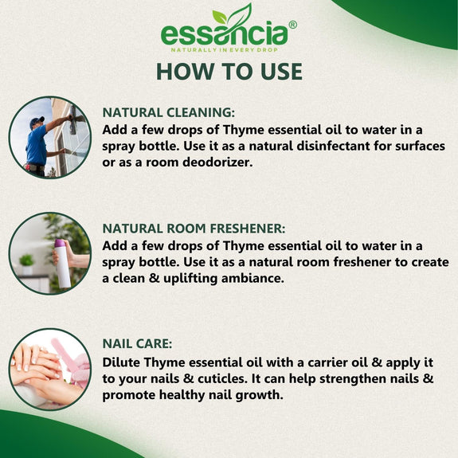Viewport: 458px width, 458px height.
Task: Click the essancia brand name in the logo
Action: click(225, 34)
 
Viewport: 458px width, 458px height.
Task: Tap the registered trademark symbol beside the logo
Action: click(292, 25)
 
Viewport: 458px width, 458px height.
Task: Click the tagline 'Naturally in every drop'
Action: click(225, 50)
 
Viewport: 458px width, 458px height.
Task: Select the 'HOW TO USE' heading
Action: click(229, 72)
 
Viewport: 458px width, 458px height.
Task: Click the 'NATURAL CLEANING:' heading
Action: click(169, 113)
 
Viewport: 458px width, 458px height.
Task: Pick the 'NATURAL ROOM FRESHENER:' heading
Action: click(194, 229)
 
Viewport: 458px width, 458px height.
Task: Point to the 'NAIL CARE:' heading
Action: click(137, 344)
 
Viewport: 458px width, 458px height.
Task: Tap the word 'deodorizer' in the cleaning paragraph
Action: click(217, 162)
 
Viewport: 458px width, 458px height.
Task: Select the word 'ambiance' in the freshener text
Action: click(252, 278)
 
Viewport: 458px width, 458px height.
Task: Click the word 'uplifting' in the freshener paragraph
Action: click(190, 279)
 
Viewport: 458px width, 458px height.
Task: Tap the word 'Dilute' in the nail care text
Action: click(121, 362)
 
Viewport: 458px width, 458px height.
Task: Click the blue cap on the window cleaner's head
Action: click(37, 122)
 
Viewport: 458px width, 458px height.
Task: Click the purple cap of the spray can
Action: click(59, 243)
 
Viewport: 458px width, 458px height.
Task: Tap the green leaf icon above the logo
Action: click(233, 14)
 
